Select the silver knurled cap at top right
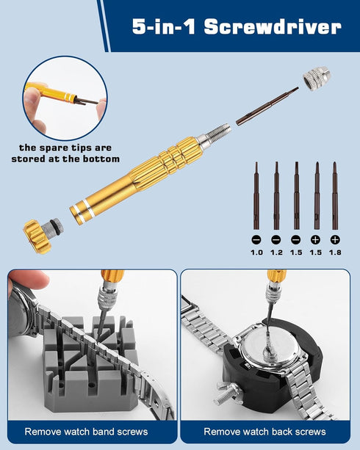(x=316, y=77)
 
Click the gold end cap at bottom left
(x=37, y=234)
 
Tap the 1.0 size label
(x=256, y=252)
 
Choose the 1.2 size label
(x=276, y=252)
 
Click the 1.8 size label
(x=335, y=252)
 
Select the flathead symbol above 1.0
(x=256, y=239)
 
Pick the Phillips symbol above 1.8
(x=335, y=239)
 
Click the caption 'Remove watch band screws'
(x=86, y=432)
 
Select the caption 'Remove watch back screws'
(x=264, y=432)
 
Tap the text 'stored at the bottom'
(x=65, y=159)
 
